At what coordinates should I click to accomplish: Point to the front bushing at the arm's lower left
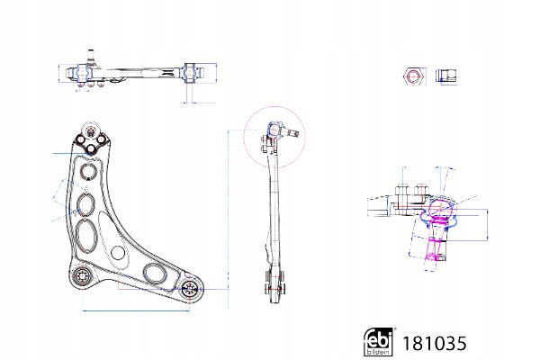click(83, 276)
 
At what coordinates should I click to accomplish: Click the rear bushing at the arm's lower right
click(190, 289)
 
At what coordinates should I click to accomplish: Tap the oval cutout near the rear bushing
click(154, 272)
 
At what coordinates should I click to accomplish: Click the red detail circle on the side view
click(271, 134)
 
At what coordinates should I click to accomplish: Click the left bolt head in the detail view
click(400, 190)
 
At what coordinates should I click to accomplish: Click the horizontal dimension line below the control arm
click(135, 310)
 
